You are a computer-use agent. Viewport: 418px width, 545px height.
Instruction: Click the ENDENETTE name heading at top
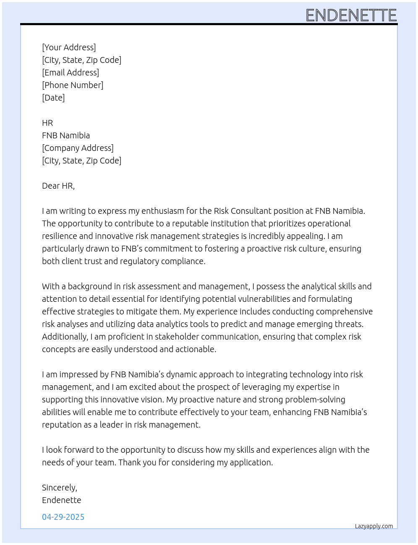click(351, 16)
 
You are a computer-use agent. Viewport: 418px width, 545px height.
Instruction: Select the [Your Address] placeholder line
click(69, 47)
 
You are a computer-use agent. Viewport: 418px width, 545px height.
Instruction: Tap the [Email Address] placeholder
click(71, 73)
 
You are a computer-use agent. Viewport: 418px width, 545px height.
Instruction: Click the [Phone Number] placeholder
click(73, 85)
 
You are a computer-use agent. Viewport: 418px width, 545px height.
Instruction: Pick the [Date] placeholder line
click(53, 98)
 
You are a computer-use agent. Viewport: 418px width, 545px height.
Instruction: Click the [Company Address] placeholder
click(78, 148)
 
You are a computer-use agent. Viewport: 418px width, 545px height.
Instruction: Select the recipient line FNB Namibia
click(66, 135)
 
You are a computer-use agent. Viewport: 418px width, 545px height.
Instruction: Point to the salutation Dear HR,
click(58, 186)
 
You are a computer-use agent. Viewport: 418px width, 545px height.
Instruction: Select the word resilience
click(58, 236)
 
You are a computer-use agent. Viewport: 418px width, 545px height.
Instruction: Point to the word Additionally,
click(65, 337)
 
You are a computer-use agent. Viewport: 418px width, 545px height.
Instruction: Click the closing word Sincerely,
click(60, 488)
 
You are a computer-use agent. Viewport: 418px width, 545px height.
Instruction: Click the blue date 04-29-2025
click(63, 517)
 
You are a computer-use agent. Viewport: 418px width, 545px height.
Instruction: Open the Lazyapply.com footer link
click(374, 526)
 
